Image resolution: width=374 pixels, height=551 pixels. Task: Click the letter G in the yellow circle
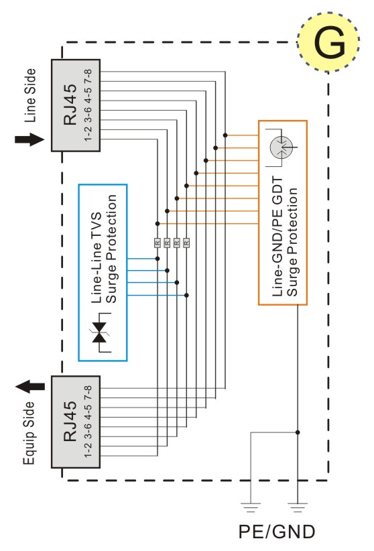(x=329, y=42)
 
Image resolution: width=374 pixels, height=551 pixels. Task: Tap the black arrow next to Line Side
(x=29, y=139)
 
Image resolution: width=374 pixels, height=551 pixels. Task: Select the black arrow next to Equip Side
(x=30, y=386)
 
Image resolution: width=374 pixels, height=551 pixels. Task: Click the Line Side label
(x=30, y=96)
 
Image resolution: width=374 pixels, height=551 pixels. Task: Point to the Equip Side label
(x=29, y=433)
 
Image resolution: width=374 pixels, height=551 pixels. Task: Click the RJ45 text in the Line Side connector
(x=70, y=105)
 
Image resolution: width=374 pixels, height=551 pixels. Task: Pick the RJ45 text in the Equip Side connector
(x=70, y=422)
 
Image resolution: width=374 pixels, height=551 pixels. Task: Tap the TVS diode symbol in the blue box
(x=101, y=332)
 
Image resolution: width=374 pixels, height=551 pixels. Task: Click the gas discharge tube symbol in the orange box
(x=282, y=147)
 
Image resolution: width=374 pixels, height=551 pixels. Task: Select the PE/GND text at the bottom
(x=277, y=532)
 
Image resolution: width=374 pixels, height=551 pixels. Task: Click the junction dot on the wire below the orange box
(x=298, y=432)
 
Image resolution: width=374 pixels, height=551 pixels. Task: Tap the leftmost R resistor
(x=158, y=243)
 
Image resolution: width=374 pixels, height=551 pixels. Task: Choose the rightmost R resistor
(x=186, y=243)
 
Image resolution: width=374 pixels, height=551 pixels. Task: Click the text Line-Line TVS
(x=97, y=257)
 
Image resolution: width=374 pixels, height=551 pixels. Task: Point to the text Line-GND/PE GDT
(x=277, y=237)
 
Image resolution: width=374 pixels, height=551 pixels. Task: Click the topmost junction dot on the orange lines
(x=225, y=135)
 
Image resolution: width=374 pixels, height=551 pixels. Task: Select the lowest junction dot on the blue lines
(x=186, y=295)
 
